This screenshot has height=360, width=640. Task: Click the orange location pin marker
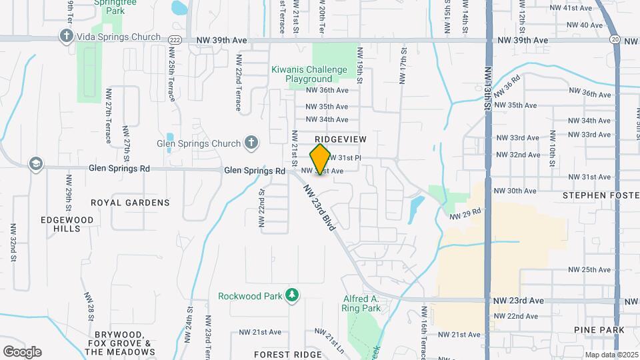[x=321, y=159]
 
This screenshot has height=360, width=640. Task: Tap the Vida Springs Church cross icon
[x=66, y=37]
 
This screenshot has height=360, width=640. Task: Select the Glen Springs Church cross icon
[x=251, y=143]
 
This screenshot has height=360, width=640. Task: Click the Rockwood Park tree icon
[x=291, y=295]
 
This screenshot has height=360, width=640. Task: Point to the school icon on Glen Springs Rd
[x=35, y=164]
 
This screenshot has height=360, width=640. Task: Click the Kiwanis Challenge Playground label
[x=309, y=74]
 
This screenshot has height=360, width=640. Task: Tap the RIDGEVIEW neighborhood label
[x=341, y=138]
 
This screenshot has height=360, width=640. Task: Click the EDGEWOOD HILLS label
[x=69, y=223]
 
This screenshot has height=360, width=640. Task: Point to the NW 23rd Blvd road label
[x=318, y=208]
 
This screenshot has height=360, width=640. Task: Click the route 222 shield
[x=175, y=40]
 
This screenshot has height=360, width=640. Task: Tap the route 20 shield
[x=614, y=40]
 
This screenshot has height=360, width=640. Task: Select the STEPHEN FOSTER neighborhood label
[x=601, y=195]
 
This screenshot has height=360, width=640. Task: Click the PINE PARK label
[x=599, y=330]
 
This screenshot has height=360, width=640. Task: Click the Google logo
[x=22, y=352]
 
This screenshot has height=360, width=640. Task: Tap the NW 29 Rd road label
[x=465, y=213]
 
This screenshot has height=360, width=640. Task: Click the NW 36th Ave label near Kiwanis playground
[x=327, y=90]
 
